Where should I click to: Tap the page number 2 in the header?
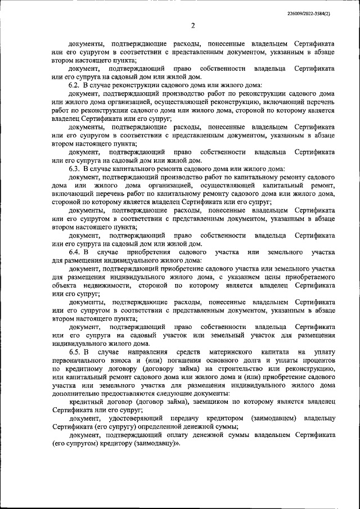(192, 25)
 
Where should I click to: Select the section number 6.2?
(76, 83)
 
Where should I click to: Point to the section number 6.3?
(76, 168)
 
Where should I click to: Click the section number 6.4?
(77, 253)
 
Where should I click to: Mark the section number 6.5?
(77, 352)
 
